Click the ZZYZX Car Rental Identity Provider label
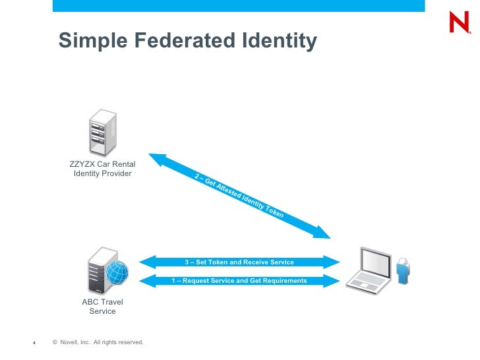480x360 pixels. point(102,169)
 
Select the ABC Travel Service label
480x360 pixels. point(102,307)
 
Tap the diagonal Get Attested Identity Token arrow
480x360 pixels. point(239,196)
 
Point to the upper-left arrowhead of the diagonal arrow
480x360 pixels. point(156,158)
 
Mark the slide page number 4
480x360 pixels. point(34,343)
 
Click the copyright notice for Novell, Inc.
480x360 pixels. point(98,342)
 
